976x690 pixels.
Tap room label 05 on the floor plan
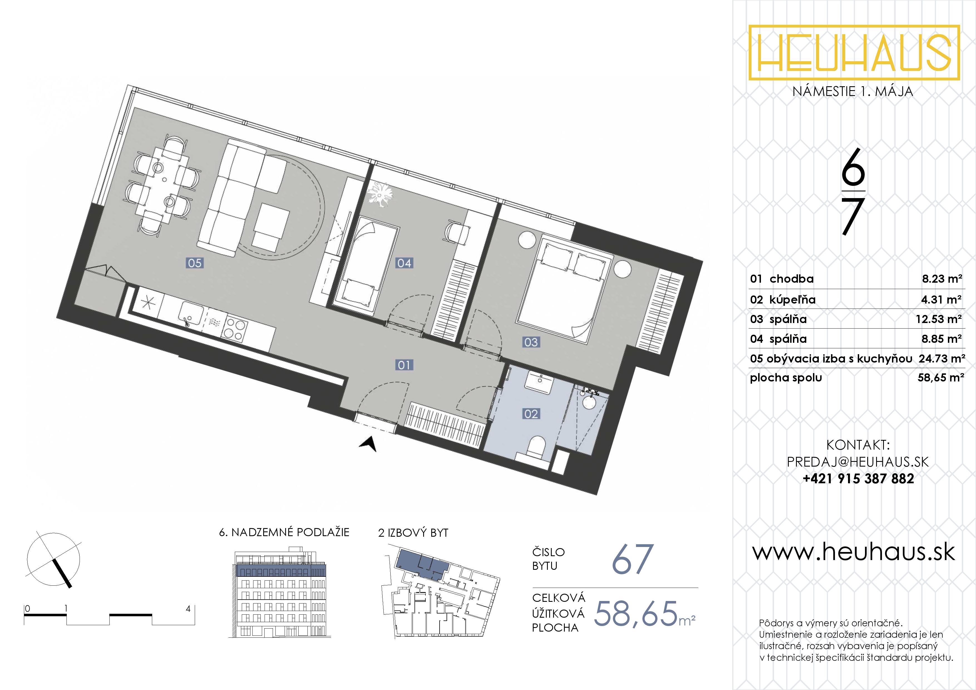click(195, 263)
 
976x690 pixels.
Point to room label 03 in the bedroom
click(531, 342)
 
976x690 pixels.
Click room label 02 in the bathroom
click(531, 414)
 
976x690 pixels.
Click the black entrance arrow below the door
click(369, 444)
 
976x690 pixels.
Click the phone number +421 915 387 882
click(858, 479)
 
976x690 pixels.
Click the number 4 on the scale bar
click(188, 609)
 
